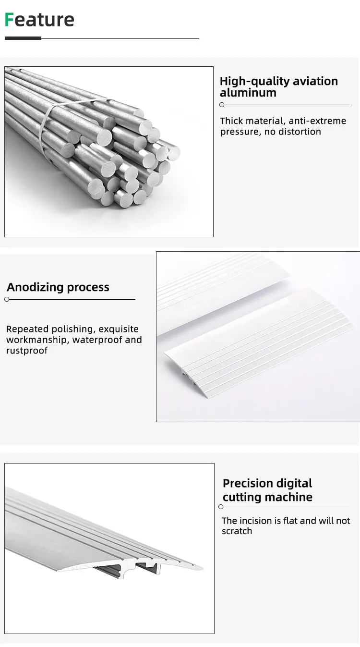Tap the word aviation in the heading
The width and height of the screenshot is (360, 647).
(x=314, y=81)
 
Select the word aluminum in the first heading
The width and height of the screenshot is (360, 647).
(x=248, y=93)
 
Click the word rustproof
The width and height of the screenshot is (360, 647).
(x=27, y=350)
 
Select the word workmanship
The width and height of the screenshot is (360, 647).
(x=37, y=340)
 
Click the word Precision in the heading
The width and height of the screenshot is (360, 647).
(x=246, y=483)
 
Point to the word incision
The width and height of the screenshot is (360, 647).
(x=256, y=521)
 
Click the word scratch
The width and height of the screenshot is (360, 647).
(x=237, y=531)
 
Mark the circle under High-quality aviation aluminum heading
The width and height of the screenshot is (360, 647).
(x=222, y=105)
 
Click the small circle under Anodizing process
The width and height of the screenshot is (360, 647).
(x=7, y=299)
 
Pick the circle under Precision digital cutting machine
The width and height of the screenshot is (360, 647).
(x=221, y=507)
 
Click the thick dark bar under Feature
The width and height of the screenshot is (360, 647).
(x=23, y=38)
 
